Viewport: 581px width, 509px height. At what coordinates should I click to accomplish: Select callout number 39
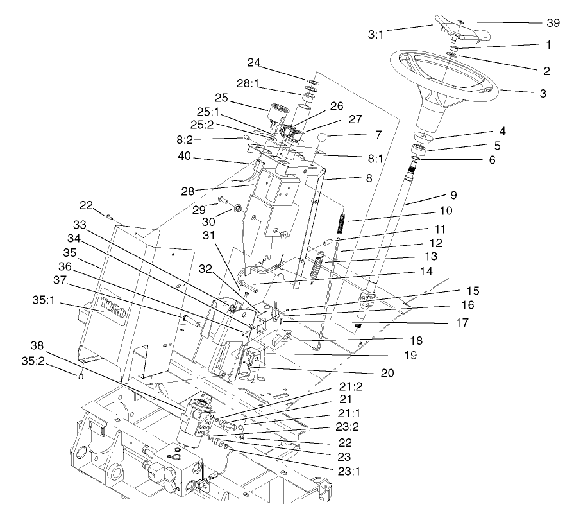553,22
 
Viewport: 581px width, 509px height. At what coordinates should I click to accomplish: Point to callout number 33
80,225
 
